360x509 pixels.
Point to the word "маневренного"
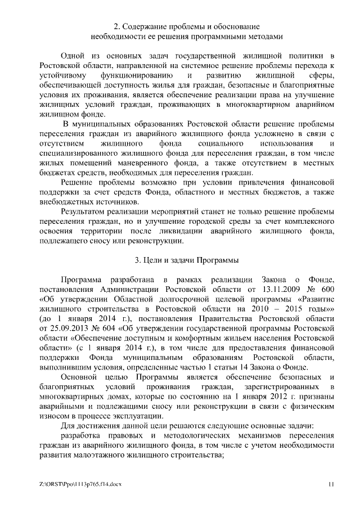pyautogui.click(x=128, y=163)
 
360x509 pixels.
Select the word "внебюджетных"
pyautogui.click(x=64, y=201)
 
